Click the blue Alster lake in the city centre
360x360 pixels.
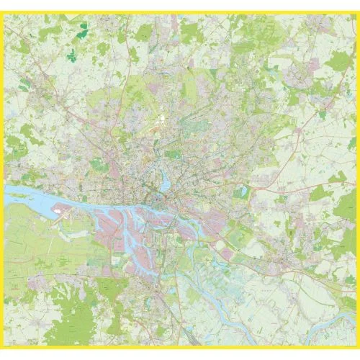click(x=166, y=183)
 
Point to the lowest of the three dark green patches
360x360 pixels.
click(x=71, y=55)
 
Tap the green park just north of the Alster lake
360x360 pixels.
click(x=173, y=154)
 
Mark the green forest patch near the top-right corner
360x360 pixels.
click(x=338, y=61)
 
